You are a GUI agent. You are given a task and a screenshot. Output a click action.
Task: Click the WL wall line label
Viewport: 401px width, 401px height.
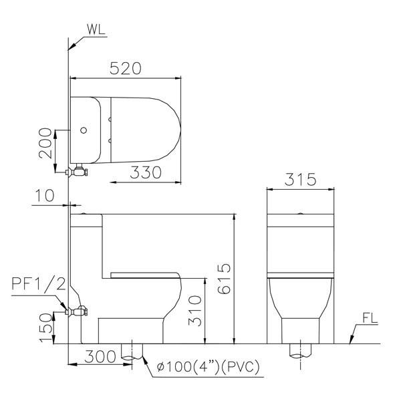pos(96,29)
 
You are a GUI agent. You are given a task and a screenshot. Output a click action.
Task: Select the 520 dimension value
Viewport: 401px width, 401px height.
pos(126,69)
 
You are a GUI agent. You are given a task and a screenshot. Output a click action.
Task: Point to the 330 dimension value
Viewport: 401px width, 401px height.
pos(146,172)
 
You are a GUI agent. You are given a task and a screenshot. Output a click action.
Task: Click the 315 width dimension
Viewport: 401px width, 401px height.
pos(301,179)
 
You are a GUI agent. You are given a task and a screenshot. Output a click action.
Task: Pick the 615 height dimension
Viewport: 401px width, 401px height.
pos(225,279)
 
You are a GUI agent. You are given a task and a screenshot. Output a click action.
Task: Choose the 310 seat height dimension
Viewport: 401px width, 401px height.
pos(195,311)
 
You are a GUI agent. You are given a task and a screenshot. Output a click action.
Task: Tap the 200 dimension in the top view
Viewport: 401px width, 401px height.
pos(45,144)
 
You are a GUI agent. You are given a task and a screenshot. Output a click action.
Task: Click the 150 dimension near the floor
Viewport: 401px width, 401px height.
pos(45,327)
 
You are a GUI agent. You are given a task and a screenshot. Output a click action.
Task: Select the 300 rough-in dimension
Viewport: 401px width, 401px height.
pos(100,357)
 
